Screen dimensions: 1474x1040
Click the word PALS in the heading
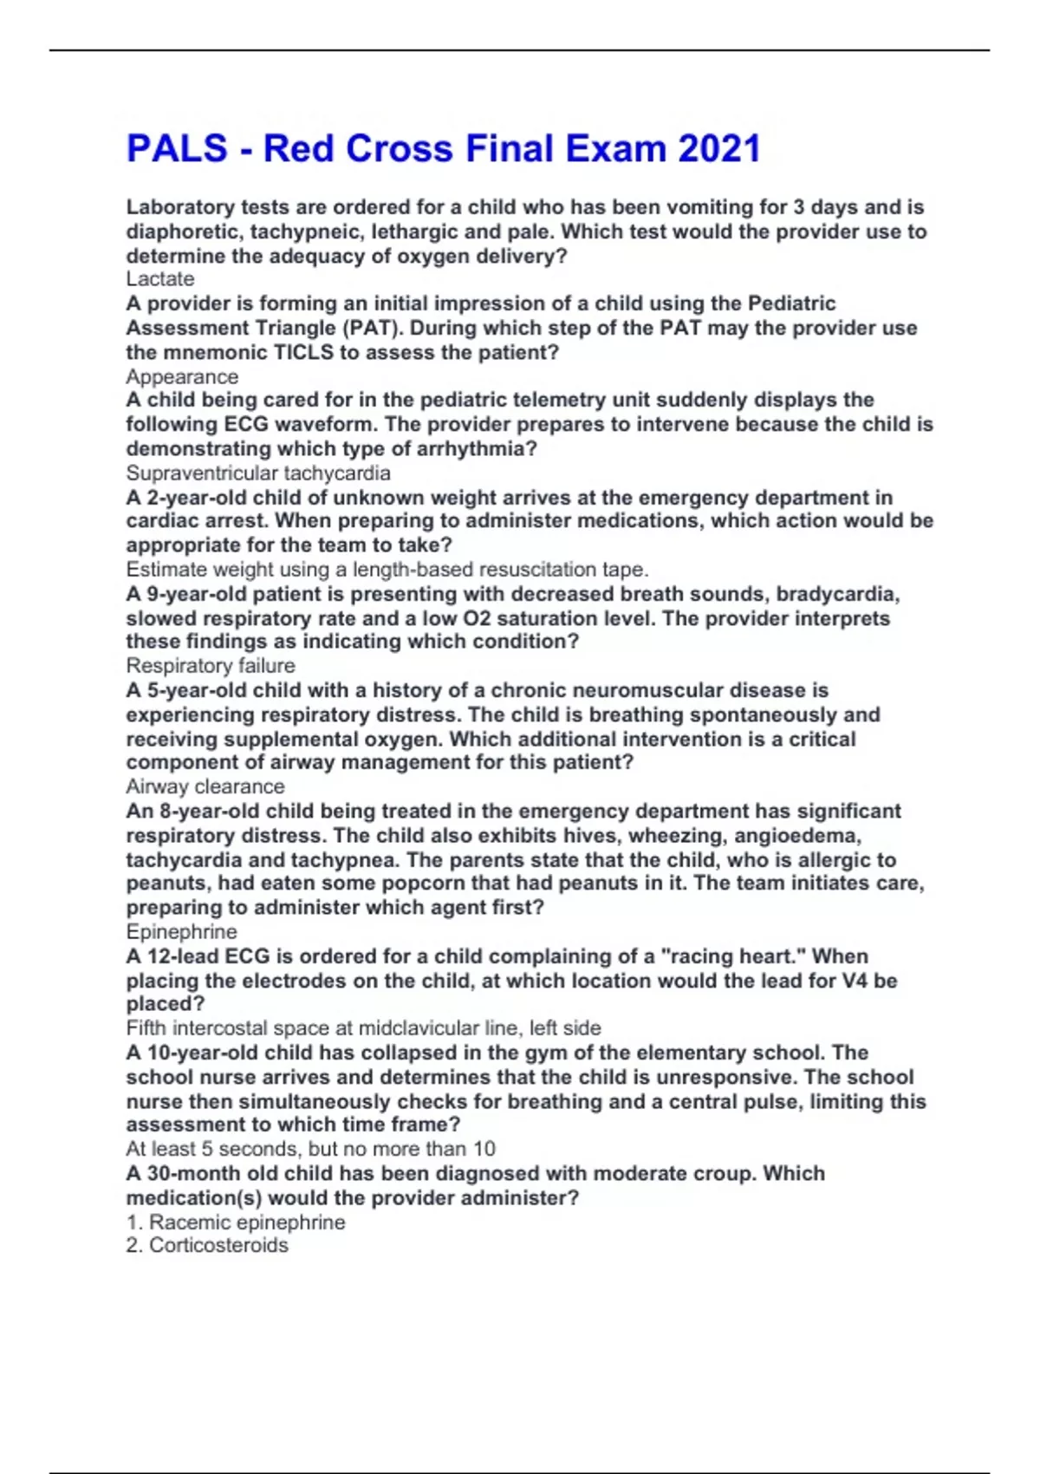177,149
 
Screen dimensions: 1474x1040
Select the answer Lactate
160,279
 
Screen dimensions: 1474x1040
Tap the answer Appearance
182,377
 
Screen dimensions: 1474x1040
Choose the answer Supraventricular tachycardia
258,473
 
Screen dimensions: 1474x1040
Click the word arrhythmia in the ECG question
473,449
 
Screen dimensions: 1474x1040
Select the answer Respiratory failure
211,666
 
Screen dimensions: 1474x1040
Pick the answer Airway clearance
205,786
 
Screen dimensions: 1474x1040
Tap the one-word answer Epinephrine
181,932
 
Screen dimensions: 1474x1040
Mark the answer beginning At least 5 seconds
310,1149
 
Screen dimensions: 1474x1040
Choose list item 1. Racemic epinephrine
236,1223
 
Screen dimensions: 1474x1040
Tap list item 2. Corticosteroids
207,1245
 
